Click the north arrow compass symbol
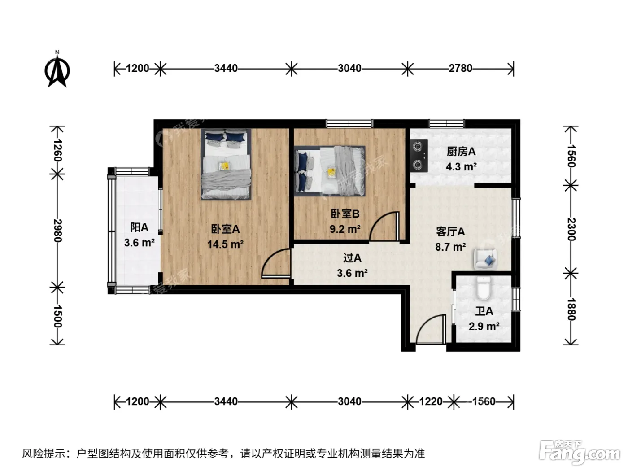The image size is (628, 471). click(x=57, y=70)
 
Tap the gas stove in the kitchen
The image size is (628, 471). click(x=419, y=156)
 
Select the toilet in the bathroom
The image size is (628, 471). click(x=484, y=288)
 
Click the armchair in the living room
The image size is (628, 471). click(x=485, y=259)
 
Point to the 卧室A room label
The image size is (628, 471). click(x=225, y=229)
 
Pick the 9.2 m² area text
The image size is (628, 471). click(x=345, y=229)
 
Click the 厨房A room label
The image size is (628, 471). click(x=461, y=152)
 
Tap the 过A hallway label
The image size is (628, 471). click(x=352, y=258)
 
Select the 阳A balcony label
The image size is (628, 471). click(x=140, y=227)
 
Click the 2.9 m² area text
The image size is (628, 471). click(x=484, y=326)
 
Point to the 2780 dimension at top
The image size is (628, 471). click(x=460, y=68)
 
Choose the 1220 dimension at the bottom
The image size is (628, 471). click(x=431, y=401)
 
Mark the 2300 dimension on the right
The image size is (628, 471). click(x=571, y=229)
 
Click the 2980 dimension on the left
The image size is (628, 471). click(x=57, y=231)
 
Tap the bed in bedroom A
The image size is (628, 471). click(x=226, y=164)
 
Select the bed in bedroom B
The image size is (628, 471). click(x=330, y=171)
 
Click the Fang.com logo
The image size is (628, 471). click(x=580, y=452)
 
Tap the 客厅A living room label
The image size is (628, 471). click(x=450, y=231)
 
